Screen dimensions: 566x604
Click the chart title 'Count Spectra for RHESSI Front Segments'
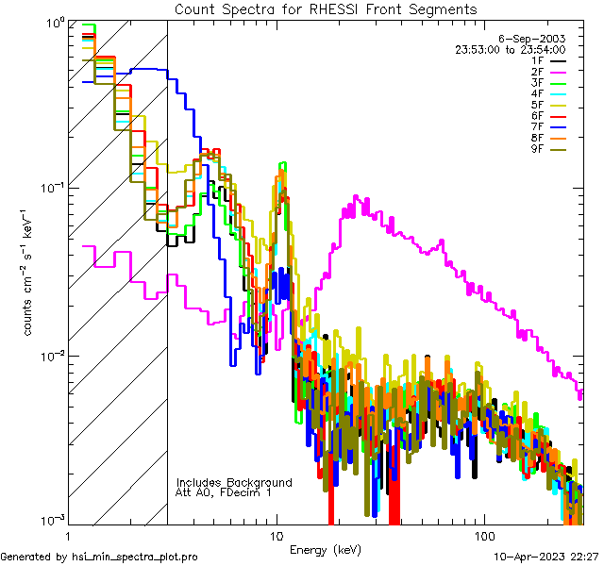point(326,8)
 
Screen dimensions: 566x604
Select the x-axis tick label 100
point(483,534)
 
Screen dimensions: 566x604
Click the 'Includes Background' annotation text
point(234,483)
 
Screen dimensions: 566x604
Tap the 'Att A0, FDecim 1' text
point(224,493)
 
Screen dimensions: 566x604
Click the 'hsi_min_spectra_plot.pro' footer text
point(135,557)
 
